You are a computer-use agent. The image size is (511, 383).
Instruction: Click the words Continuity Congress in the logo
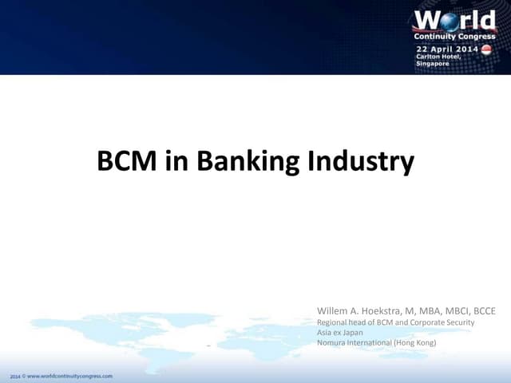pyautogui.click(x=454, y=36)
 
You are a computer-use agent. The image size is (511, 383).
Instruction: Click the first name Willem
pyautogui.click(x=334, y=309)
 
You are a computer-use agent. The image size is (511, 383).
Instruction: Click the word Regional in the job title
pyautogui.click(x=333, y=322)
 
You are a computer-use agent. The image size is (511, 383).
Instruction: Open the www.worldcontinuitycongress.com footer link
pyautogui.click(x=71, y=374)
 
